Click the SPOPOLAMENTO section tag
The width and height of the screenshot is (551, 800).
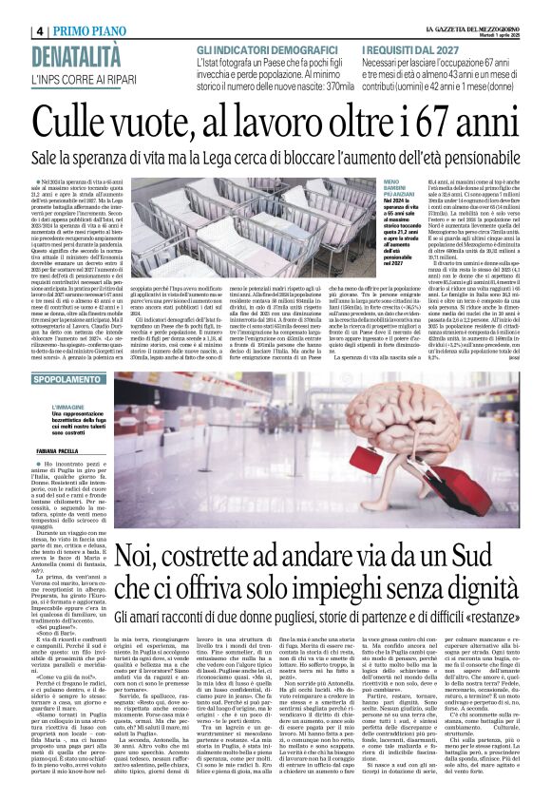pyautogui.click(x=61, y=379)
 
